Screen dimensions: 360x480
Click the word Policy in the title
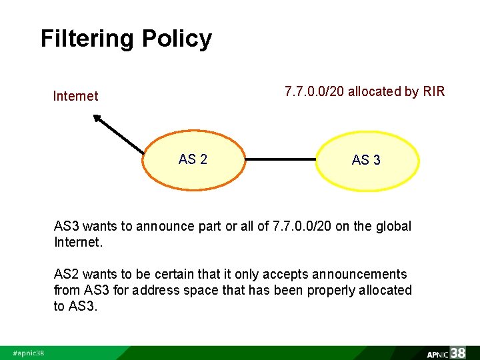pyautogui.click(x=177, y=39)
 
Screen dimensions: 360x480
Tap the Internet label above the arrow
pyautogui.click(x=75, y=96)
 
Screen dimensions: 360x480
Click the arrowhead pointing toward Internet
pyautogui.click(x=97, y=119)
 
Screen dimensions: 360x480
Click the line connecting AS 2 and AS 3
pyautogui.click(x=280, y=160)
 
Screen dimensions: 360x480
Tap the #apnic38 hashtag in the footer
pyautogui.click(x=29, y=353)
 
